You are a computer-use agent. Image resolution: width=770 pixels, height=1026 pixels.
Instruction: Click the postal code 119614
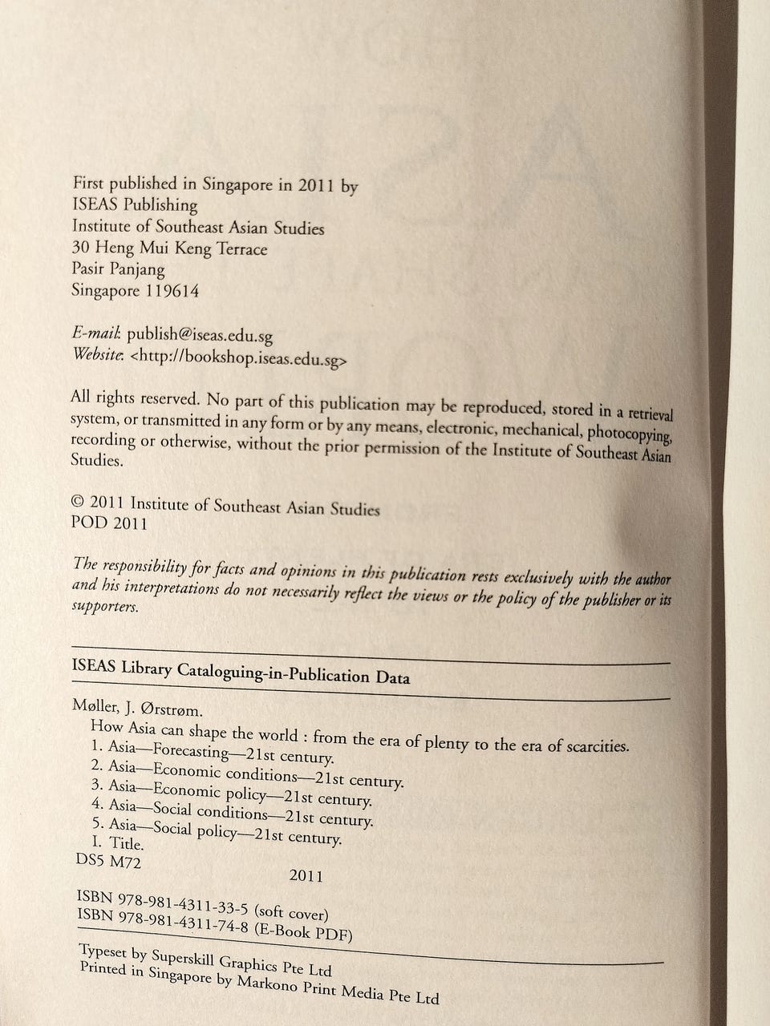click(172, 292)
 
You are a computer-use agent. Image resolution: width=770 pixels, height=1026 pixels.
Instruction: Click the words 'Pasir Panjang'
click(118, 270)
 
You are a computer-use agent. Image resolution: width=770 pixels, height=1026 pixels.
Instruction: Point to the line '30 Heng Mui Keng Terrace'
click(169, 248)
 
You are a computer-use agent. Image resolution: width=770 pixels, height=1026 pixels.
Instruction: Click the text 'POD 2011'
click(109, 524)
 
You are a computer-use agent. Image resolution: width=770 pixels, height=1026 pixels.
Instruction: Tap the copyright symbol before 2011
click(78, 503)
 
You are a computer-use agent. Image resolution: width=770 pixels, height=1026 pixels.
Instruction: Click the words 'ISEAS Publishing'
click(135, 205)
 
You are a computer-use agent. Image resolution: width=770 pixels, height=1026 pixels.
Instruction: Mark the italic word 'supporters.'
click(105, 606)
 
